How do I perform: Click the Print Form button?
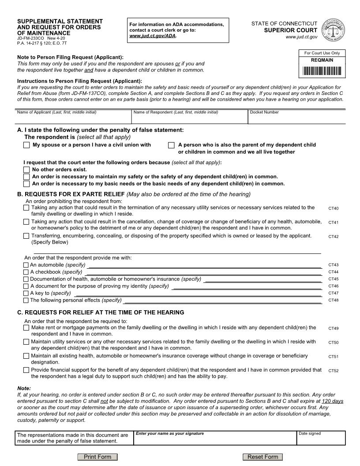point(97,457)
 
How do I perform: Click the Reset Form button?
point(262,457)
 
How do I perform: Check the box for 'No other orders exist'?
point(27,169)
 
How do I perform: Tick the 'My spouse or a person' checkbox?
point(27,145)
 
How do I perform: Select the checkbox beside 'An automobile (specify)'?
point(26,265)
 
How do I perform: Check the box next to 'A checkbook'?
point(26,272)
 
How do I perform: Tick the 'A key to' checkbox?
point(26,293)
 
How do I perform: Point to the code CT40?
point(334,208)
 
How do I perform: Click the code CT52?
point(334,371)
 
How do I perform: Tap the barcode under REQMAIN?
point(322,71)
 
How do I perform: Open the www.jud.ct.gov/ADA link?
point(152,36)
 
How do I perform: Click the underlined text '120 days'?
point(333,401)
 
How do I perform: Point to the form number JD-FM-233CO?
point(30,38)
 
